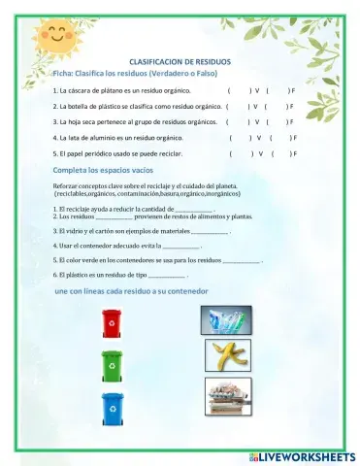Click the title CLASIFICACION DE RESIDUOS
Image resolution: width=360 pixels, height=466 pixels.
pos(180,60)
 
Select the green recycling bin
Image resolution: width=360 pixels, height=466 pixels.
pos(113,365)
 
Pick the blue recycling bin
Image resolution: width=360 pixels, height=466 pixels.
pos(113,409)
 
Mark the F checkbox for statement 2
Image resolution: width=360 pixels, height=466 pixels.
pos(282,106)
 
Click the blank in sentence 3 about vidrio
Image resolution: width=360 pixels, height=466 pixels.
pos(208,232)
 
